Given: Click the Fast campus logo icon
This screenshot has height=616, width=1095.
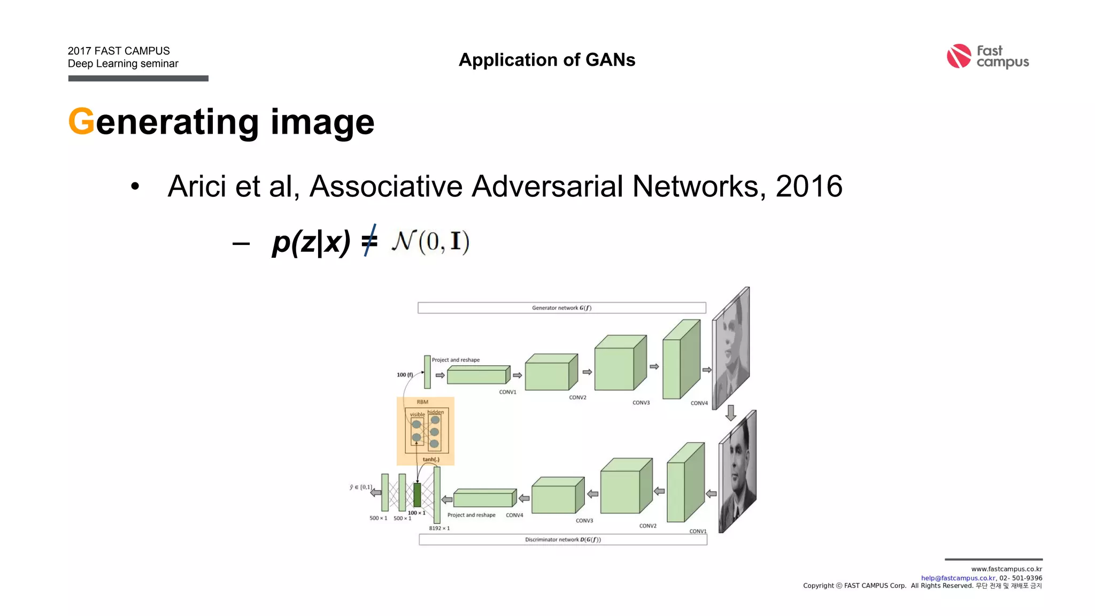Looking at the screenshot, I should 958,56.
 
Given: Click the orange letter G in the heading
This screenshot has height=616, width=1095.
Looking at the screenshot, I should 81,122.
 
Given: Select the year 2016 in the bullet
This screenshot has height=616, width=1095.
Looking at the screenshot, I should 808,186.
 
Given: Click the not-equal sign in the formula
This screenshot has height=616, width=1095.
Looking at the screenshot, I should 369,241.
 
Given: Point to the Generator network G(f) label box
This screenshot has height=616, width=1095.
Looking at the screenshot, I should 561,308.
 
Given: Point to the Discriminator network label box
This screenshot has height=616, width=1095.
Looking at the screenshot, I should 562,540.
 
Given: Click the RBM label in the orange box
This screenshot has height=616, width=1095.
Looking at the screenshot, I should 422,402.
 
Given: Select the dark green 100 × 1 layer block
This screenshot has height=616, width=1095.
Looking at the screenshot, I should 417,495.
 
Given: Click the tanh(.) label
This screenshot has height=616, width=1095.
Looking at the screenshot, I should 431,459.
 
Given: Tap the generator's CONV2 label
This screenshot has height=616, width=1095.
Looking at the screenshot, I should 577,397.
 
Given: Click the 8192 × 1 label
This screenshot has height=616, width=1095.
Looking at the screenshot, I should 439,528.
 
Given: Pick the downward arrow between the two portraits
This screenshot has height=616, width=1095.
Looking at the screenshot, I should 731,412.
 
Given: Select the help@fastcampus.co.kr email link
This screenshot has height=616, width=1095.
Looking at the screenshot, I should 958,578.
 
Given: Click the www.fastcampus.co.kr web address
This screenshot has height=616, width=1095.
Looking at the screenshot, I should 1006,569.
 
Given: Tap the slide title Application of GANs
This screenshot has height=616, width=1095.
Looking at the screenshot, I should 547,60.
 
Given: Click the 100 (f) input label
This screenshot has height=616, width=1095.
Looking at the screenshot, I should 405,375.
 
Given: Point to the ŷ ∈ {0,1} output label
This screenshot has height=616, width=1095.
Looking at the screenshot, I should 361,487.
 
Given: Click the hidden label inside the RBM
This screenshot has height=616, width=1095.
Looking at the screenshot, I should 436,412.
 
